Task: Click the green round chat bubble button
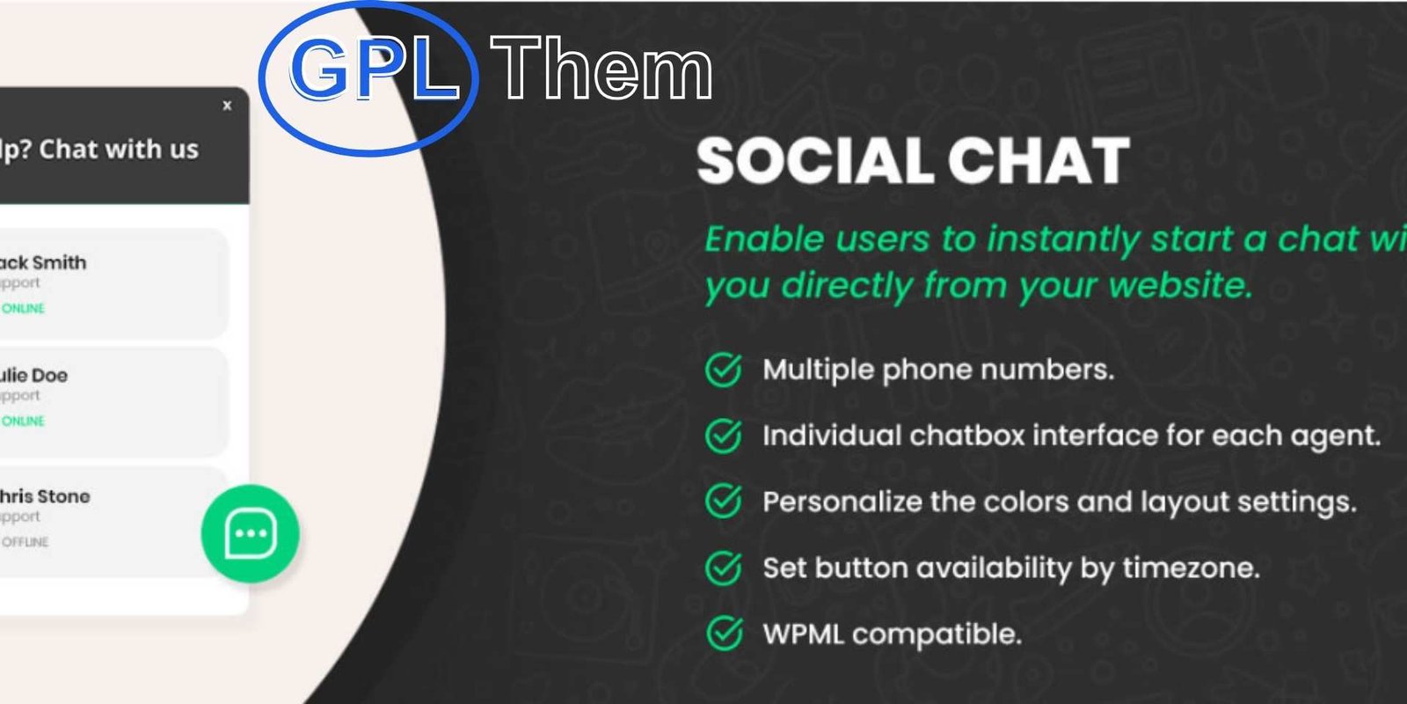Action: (x=251, y=533)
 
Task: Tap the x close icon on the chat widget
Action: (x=227, y=106)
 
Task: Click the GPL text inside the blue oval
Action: (x=374, y=70)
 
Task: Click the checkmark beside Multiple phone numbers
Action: (x=724, y=370)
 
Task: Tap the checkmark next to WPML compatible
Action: (x=724, y=633)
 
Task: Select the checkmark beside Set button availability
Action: (x=724, y=568)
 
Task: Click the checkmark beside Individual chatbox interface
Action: (x=724, y=436)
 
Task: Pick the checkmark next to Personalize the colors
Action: (x=724, y=502)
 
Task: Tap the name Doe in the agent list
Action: (x=49, y=375)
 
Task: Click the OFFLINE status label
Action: (x=25, y=542)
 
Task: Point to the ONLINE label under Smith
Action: (x=23, y=309)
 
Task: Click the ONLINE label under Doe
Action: (x=23, y=422)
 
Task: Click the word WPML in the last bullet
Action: (x=803, y=634)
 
